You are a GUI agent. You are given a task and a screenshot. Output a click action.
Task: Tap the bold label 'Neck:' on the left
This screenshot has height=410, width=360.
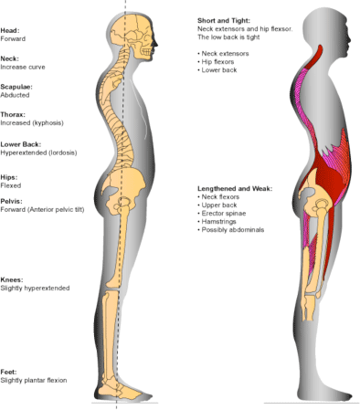[x=11, y=58]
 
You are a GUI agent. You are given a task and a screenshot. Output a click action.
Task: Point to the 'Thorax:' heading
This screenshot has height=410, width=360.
[x=14, y=113]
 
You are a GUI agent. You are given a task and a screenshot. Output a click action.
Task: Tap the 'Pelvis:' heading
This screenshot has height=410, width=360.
[x=12, y=200]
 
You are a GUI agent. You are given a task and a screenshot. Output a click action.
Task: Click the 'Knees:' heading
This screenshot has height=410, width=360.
[x=13, y=279]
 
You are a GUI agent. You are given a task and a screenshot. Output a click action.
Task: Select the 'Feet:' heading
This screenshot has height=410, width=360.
[x=10, y=372]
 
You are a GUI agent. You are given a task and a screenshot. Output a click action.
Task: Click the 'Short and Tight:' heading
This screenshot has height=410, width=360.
[x=223, y=20]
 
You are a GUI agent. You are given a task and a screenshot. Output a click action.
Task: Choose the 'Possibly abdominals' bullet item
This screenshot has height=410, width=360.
[x=235, y=230]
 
